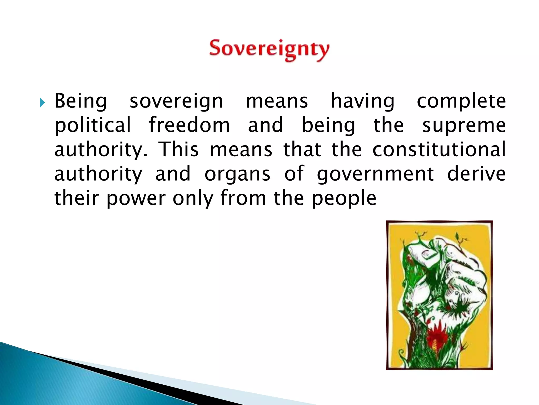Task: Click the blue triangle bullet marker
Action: (x=42, y=103)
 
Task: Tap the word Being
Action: (x=81, y=102)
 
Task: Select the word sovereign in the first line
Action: (x=176, y=102)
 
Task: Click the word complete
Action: (x=461, y=102)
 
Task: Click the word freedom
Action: (x=189, y=125)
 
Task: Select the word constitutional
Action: (x=439, y=150)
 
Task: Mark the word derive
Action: (x=476, y=174)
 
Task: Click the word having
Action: (x=363, y=102)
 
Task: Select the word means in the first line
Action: (x=277, y=102)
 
